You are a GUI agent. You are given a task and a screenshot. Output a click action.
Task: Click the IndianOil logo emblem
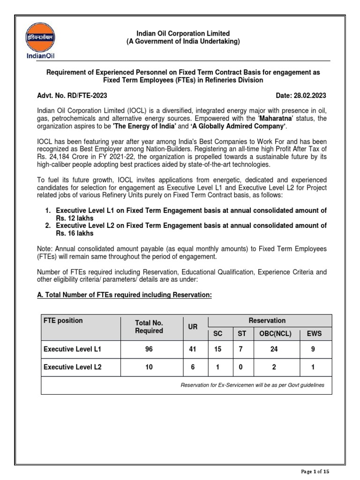pyautogui.click(x=40, y=37)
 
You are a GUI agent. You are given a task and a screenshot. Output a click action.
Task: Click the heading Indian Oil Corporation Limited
pyautogui.click(x=183, y=33)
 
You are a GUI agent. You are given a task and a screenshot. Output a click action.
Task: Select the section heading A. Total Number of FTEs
pyautogui.click(x=124, y=294)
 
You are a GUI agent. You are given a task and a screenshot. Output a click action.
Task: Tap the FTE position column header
pyautogui.click(x=63, y=321)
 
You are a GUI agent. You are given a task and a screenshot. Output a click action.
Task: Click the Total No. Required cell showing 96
pyautogui.click(x=149, y=349)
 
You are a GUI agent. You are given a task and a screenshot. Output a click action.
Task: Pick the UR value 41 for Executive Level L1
pyautogui.click(x=192, y=349)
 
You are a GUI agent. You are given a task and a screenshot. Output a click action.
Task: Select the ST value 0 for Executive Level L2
pyautogui.click(x=240, y=367)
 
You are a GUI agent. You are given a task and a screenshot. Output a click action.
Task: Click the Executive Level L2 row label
pyautogui.click(x=72, y=367)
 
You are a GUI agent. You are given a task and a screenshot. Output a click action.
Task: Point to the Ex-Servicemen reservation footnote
pyautogui.click(x=252, y=385)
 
